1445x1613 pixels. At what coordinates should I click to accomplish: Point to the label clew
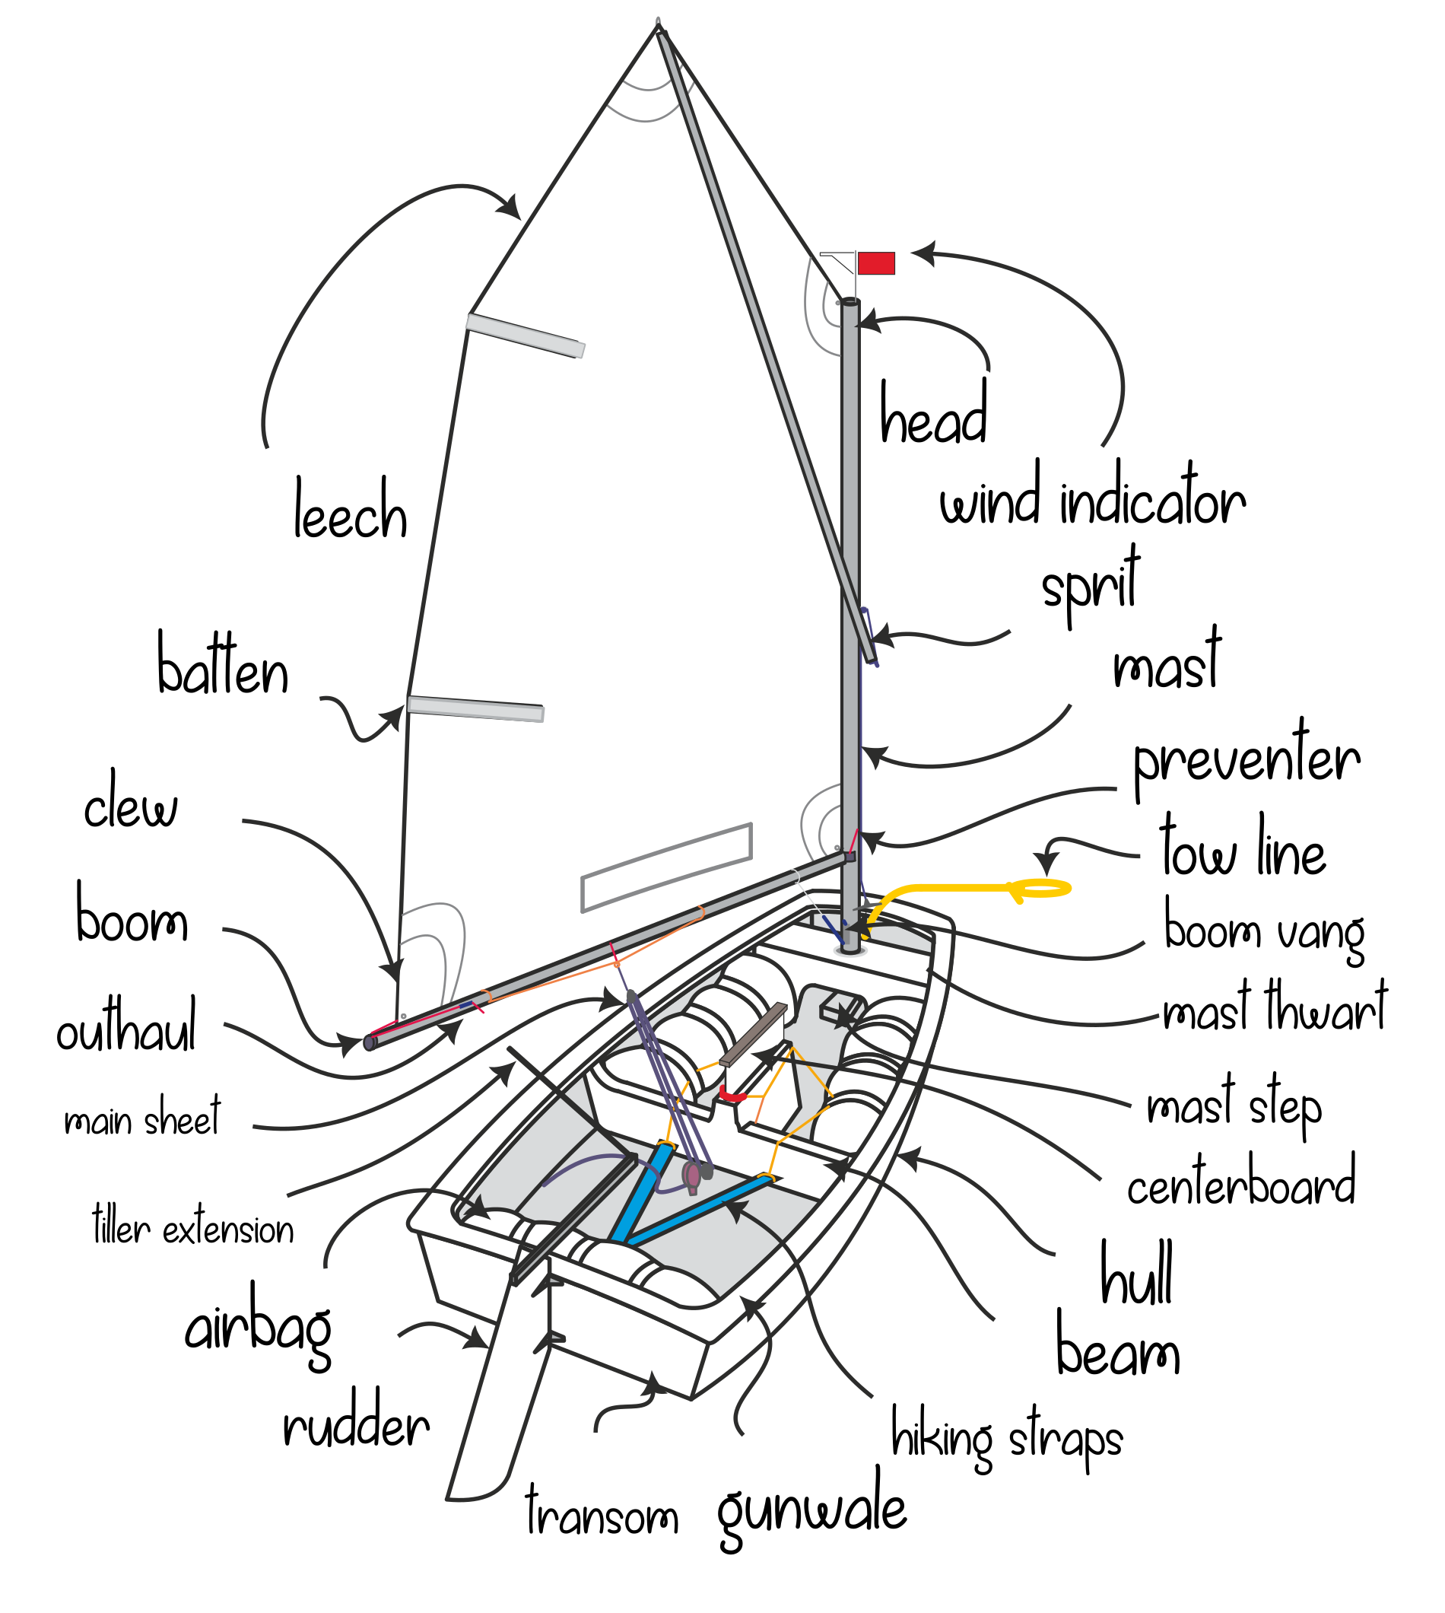coord(131,804)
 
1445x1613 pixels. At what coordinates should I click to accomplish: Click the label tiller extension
coord(193,1229)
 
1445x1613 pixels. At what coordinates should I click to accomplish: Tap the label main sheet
coord(142,1118)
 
